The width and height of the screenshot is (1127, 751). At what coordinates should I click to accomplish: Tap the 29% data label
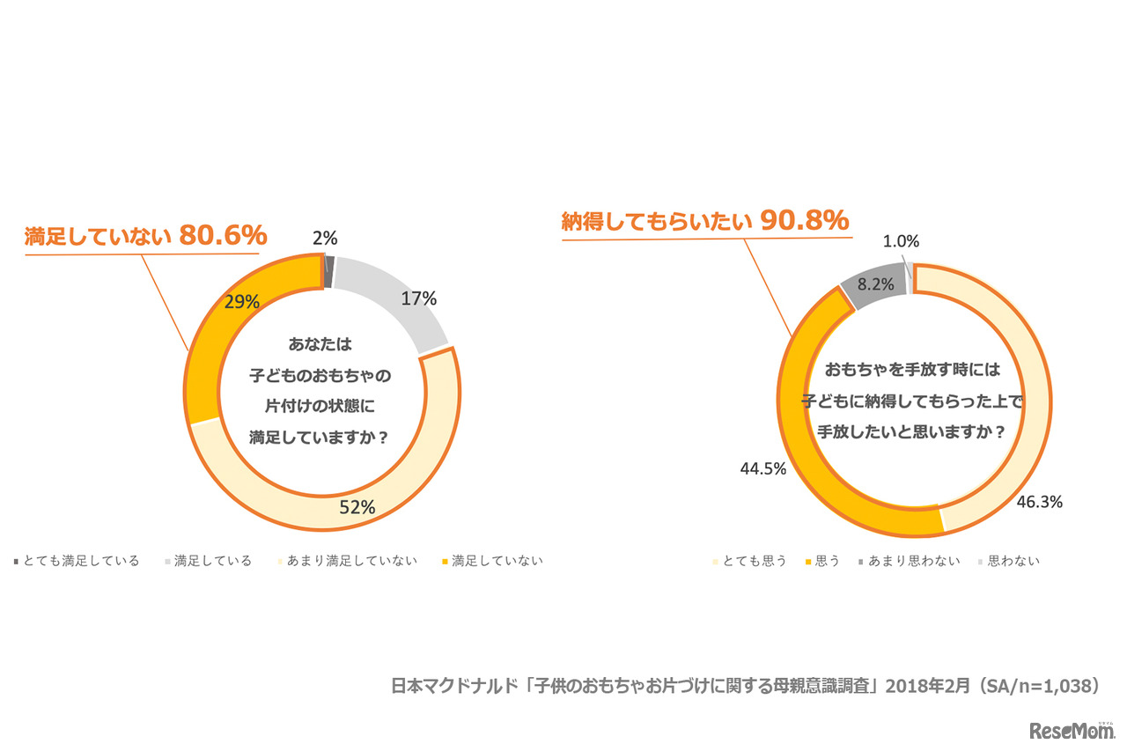point(241,302)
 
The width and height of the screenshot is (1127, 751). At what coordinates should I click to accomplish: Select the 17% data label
point(418,298)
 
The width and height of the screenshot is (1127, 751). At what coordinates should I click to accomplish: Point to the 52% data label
point(357,507)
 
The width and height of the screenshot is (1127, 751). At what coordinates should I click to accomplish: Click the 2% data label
point(325,237)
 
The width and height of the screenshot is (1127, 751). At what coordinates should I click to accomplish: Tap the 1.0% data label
point(901,240)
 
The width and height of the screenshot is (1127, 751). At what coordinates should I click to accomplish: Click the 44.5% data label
point(762,468)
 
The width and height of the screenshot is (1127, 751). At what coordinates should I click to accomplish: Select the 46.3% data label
point(1039,502)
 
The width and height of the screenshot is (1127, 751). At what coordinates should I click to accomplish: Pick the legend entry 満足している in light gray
point(212,561)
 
